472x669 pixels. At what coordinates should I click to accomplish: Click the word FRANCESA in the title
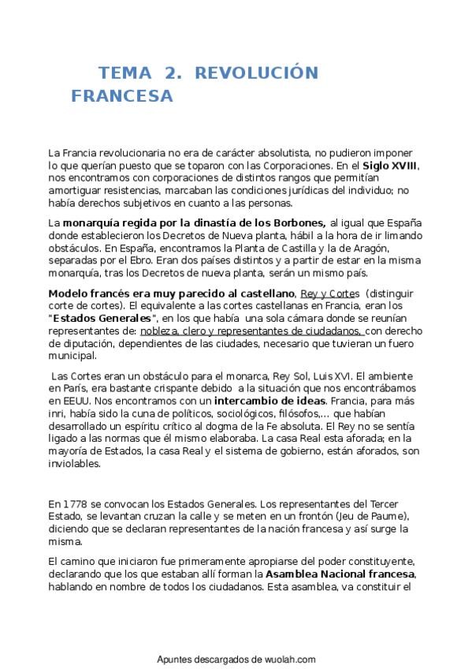pos(121,97)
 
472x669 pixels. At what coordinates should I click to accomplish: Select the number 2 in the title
pos(169,73)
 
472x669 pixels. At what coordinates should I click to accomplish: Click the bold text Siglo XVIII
pos(390,166)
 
